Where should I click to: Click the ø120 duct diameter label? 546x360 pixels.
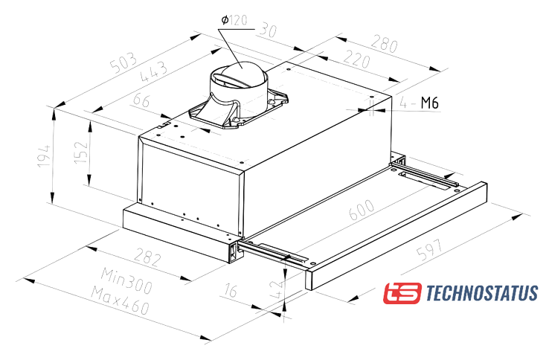pos(234,20)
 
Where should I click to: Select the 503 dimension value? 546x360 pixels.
pos(123,62)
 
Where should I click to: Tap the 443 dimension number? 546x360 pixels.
pos(153,71)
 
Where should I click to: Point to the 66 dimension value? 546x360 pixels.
pos(142,100)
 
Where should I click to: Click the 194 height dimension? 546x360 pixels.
pos(44,155)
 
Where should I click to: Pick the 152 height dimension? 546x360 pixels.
pos(81,152)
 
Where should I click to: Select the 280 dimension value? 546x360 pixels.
pos(384,43)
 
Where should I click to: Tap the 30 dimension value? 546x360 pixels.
pos(268,30)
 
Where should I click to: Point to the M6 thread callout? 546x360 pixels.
pos(430,103)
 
